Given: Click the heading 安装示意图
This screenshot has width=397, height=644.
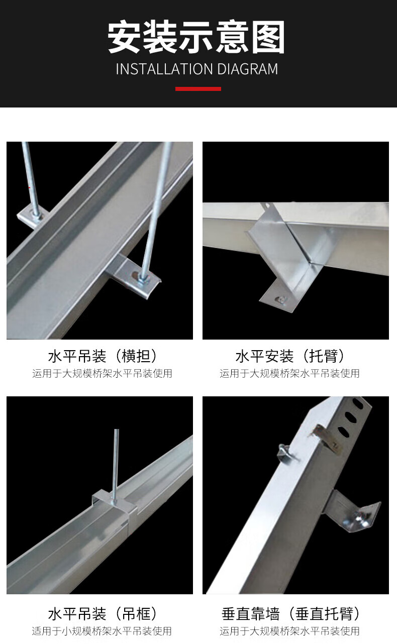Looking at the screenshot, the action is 196,37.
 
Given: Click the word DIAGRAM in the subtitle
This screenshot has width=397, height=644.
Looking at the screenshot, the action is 248,69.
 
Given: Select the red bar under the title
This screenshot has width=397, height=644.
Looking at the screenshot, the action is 198,89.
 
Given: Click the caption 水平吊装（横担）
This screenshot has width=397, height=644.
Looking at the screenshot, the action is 103,356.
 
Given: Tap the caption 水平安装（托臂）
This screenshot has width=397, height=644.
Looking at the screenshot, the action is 290,356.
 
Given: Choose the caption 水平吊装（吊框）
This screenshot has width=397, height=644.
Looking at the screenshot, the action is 103,613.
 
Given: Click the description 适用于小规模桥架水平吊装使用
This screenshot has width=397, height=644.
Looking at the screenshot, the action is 102,631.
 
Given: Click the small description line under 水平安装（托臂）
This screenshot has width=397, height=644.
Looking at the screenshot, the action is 289,373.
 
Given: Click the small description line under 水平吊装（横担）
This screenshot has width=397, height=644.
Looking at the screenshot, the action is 102,373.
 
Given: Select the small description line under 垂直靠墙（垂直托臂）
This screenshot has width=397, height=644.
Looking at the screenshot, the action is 289,631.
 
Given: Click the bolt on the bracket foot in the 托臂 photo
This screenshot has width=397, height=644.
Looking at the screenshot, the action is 281,300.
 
